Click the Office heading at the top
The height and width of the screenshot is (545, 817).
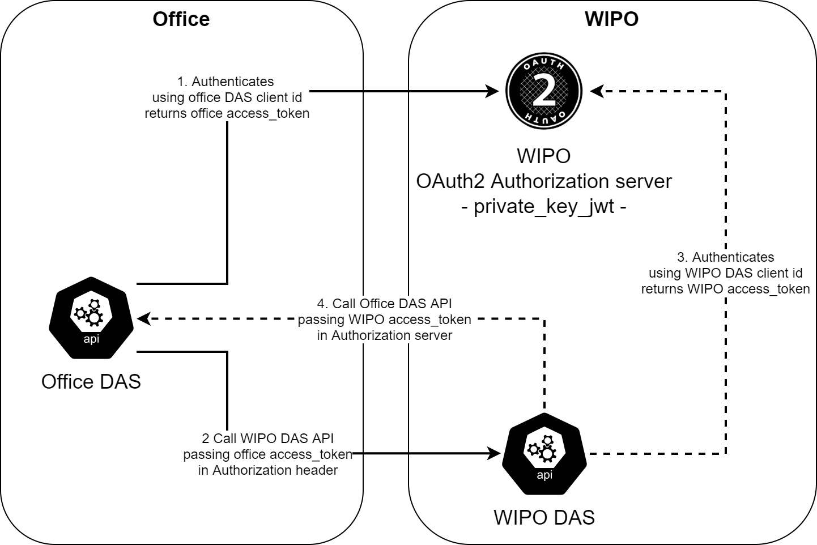point(181,19)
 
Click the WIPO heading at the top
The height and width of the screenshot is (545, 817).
point(611,19)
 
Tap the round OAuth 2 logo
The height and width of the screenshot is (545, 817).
point(544,91)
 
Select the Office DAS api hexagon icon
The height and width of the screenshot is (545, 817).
point(91,318)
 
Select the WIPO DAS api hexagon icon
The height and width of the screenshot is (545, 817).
point(544,454)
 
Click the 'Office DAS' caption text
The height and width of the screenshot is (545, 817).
point(91,381)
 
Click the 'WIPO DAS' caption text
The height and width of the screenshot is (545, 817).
point(544,517)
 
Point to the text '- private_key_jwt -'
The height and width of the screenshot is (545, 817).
point(544,206)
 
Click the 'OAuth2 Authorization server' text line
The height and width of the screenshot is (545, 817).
point(544,181)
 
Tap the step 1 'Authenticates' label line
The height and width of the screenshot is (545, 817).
point(225,82)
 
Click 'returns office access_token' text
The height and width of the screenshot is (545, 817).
point(227,113)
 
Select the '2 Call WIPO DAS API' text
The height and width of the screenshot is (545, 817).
point(267,438)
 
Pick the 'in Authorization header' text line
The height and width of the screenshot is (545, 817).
point(267,470)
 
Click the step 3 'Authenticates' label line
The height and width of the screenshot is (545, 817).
point(726,257)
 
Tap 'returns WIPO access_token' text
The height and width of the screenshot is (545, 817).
point(726,289)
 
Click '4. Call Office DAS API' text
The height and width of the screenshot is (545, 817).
point(385,304)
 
